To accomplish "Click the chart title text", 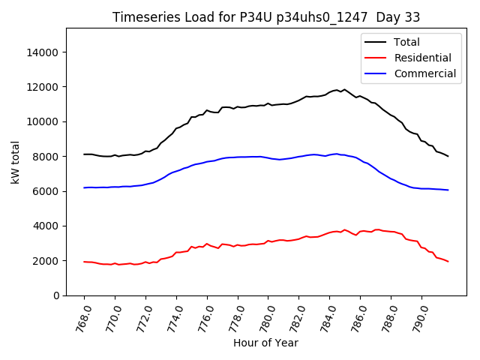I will (x=266, y=16).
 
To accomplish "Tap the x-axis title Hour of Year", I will (x=265, y=343).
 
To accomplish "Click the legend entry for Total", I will (x=407, y=42).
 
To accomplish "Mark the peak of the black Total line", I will (x=337, y=90).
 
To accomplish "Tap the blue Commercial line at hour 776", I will (x=207, y=161).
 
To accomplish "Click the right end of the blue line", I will (x=448, y=190).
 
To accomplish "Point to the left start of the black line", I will (x=84, y=154).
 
